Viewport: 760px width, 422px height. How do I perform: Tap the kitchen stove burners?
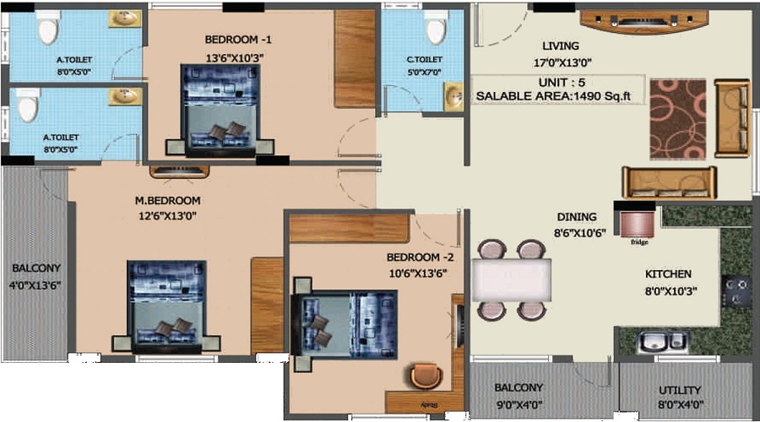tap(736, 290)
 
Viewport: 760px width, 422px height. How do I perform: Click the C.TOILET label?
tap(423, 59)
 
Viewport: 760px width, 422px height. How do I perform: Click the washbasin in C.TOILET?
tap(453, 94)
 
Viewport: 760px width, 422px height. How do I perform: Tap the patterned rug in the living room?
tap(677, 119)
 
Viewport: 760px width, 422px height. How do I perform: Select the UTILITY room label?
tap(680, 390)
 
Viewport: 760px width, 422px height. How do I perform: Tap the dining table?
tap(511, 279)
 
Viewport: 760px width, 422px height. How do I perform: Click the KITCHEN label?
tap(668, 274)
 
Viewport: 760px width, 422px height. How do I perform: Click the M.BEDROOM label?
tap(168, 201)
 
